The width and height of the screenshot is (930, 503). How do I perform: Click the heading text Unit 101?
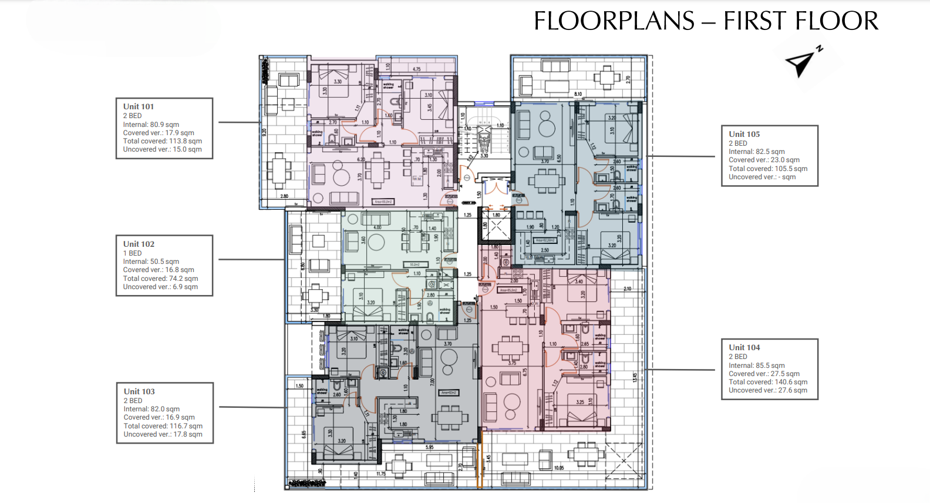(139, 106)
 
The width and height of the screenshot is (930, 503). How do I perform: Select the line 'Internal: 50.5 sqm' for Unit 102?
(151, 261)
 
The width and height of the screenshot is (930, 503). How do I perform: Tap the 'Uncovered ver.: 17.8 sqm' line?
(163, 434)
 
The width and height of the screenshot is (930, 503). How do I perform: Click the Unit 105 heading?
(744, 134)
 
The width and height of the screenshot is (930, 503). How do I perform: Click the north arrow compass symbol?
(802, 62)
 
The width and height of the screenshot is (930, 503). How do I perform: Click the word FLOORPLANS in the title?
(614, 21)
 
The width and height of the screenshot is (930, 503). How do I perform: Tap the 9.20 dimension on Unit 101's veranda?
(264, 132)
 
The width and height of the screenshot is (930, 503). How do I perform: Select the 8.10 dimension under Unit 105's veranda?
(578, 94)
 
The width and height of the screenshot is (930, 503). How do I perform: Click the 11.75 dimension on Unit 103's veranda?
(381, 474)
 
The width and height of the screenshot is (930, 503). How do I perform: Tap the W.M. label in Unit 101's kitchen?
(416, 179)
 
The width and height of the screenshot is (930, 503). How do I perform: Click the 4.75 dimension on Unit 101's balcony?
(416, 69)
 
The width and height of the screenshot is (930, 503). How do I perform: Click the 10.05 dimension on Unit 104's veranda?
(558, 468)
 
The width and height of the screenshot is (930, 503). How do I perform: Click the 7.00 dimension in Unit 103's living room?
(432, 382)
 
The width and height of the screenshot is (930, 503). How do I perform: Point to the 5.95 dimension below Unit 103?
(429, 447)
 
